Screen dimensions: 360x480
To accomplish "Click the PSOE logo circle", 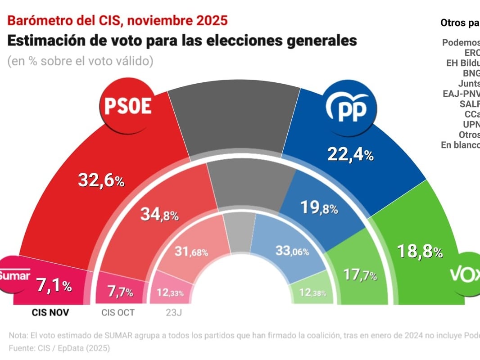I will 127,106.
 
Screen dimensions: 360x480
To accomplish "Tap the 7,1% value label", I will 54,285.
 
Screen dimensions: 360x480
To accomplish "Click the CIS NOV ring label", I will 50,312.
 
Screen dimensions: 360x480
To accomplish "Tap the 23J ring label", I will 172,312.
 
